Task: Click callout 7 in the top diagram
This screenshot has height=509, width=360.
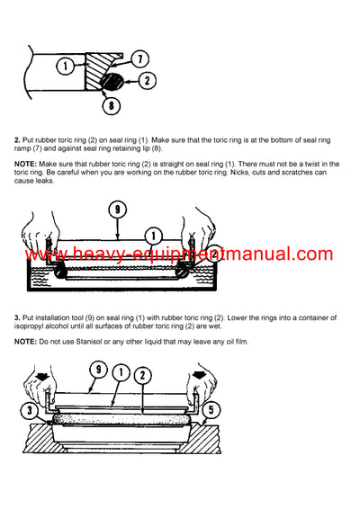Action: pyautogui.click(x=141, y=58)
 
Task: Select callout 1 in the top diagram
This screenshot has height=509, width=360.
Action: pyautogui.click(x=66, y=65)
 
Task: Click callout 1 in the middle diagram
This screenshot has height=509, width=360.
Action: pyautogui.click(x=154, y=236)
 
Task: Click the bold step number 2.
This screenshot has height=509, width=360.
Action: pyautogui.click(x=17, y=140)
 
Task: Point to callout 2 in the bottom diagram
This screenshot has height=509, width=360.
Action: pyautogui.click(x=143, y=374)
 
